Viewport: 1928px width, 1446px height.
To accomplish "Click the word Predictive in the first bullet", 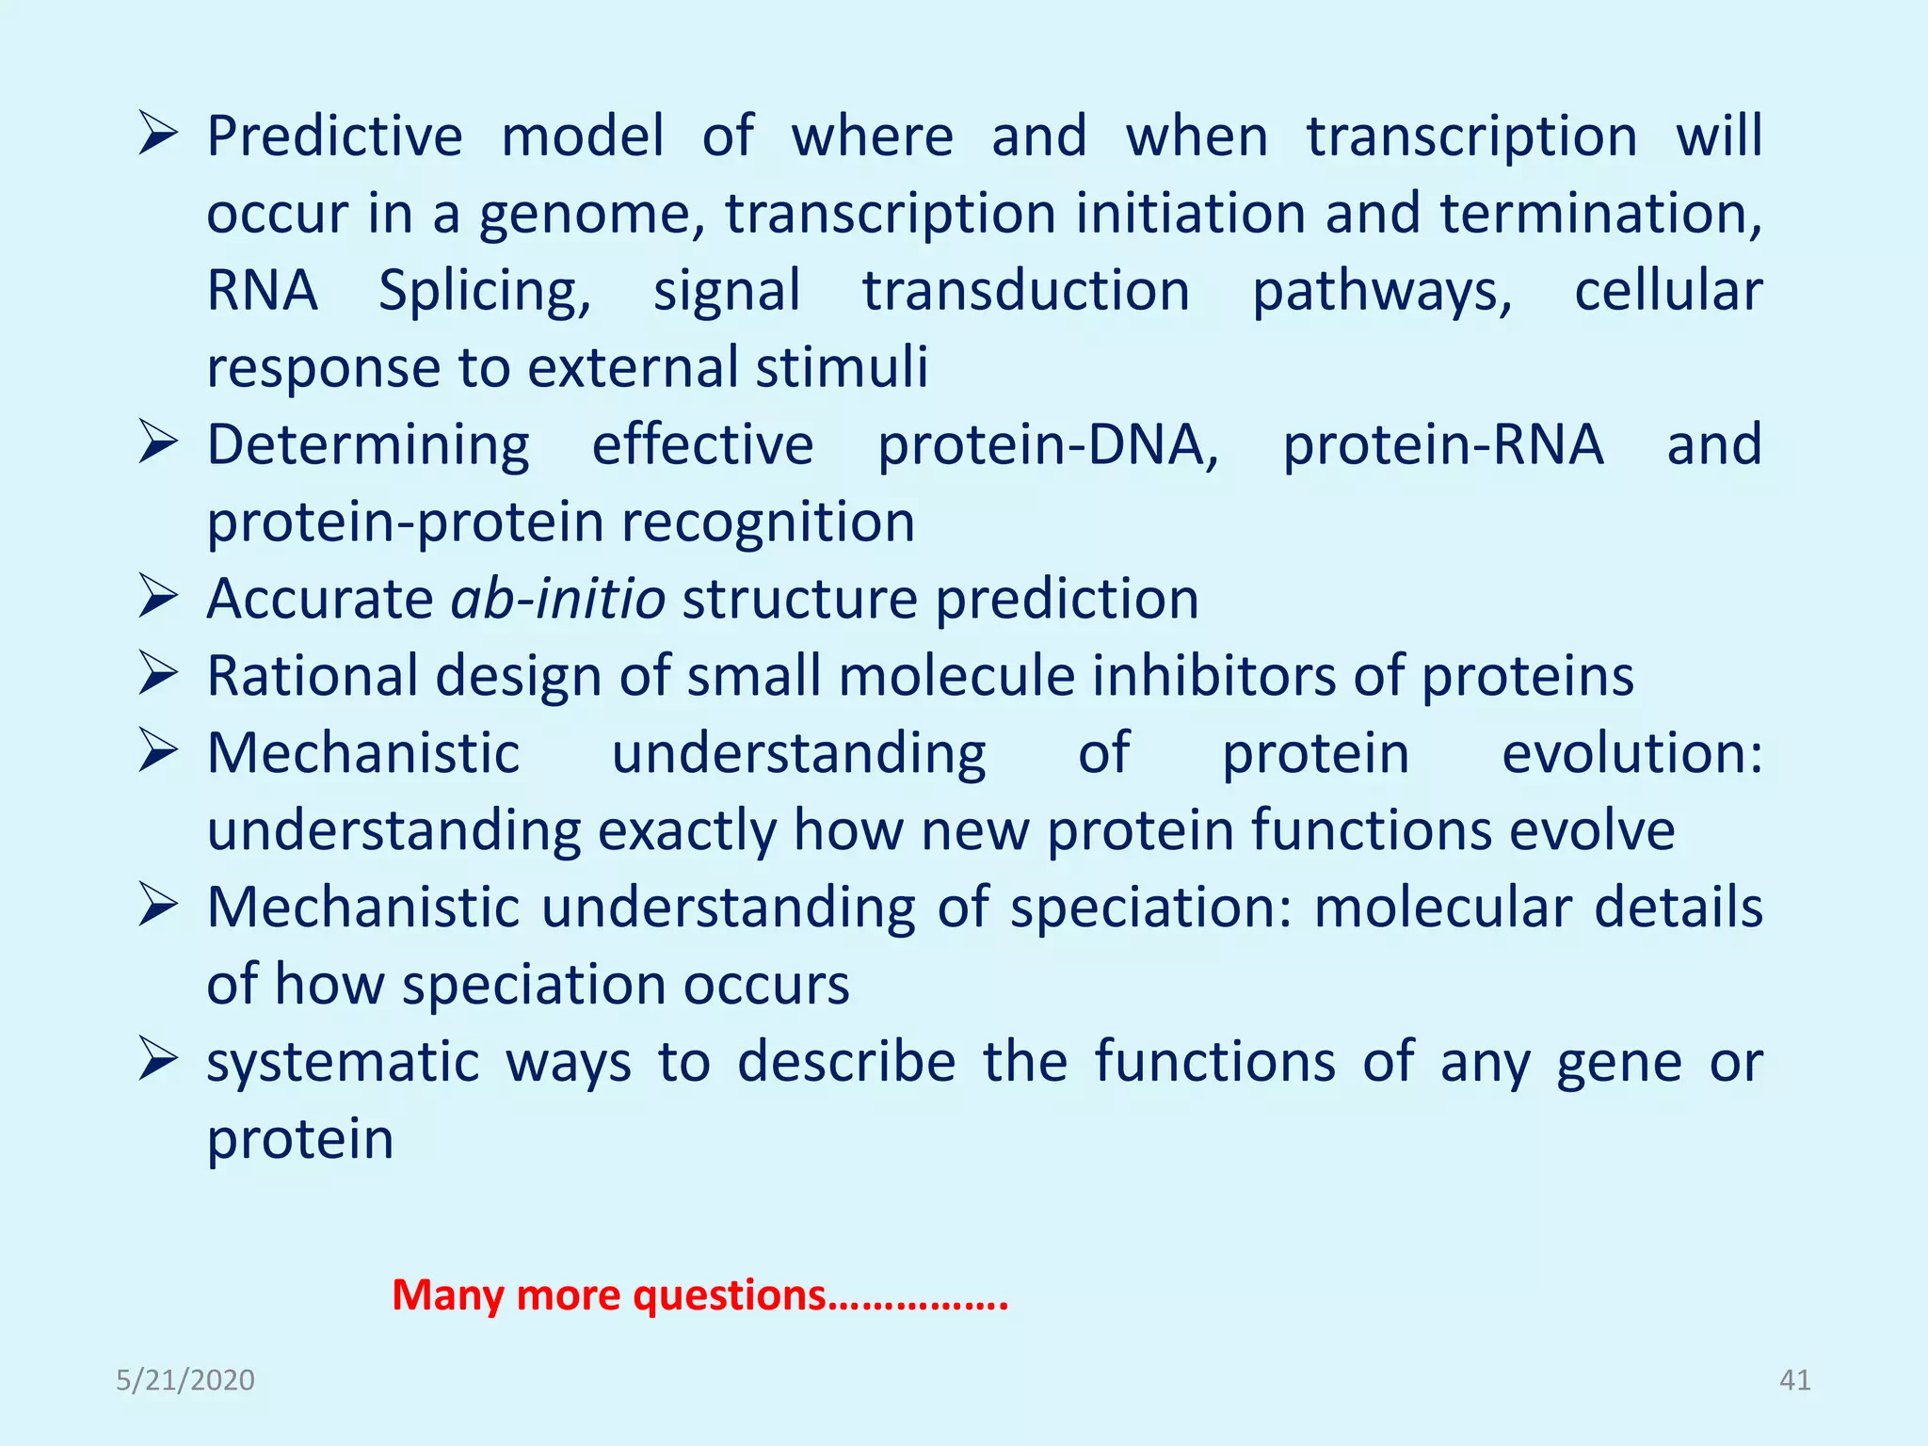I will pos(334,137).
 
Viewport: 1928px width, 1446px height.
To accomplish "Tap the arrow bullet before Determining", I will pos(157,442).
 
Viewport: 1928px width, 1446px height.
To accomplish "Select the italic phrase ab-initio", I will pos(558,599).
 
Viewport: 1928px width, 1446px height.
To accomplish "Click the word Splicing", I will pos(484,291).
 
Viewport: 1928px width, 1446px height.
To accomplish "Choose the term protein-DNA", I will pos(1047,445).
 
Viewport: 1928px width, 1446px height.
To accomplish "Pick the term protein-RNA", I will pos(1442,445).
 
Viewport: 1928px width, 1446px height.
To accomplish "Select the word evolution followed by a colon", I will pos(1631,753).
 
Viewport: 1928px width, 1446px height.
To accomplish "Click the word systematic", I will pos(343,1063).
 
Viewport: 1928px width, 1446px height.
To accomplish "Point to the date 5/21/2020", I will pos(185,1380).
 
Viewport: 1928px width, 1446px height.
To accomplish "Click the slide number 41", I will pos(1794,1380).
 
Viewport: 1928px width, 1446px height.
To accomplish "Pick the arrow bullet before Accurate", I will pos(157,597).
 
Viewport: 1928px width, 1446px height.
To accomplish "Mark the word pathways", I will pos(1381,291).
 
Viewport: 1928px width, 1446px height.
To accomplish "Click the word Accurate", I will pos(319,599).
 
